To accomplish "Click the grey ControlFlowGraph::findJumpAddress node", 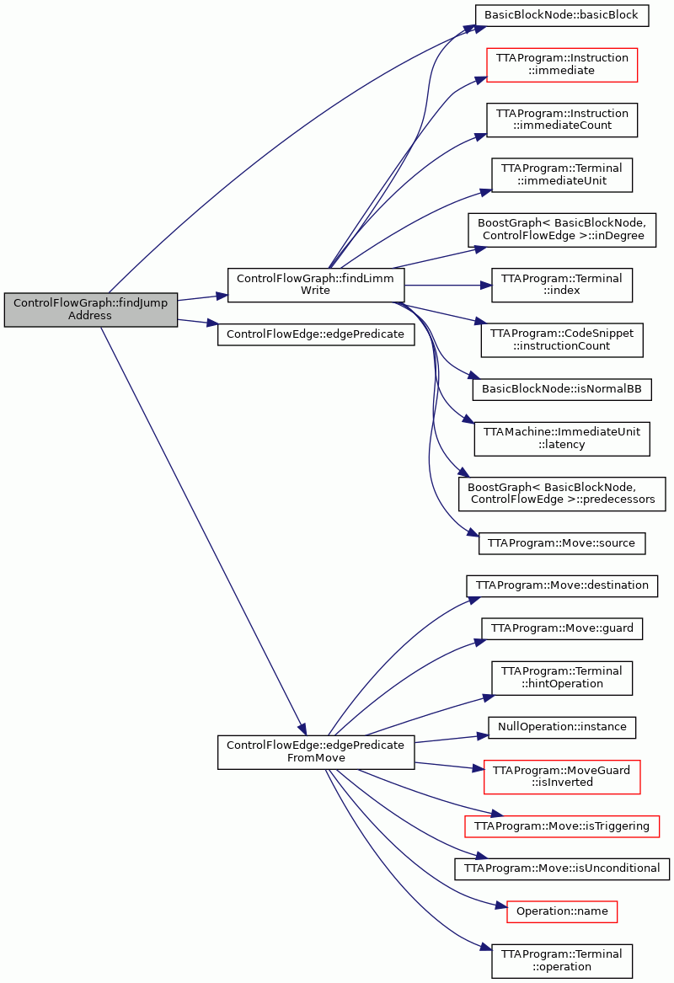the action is point(90,309).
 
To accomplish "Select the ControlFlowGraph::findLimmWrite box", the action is point(315,285).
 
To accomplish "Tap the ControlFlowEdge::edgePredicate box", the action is point(315,334).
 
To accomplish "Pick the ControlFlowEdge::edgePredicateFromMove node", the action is point(315,751).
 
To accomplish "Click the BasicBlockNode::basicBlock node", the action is point(561,15).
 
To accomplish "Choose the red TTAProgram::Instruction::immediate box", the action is point(562,65).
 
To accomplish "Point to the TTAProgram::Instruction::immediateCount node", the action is point(562,120).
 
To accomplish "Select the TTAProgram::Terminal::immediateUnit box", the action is point(562,175).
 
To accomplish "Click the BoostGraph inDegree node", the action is point(562,229).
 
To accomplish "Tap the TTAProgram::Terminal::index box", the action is point(562,285).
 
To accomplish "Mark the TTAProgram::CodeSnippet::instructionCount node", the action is point(562,339).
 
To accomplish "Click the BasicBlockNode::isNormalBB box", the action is point(562,389).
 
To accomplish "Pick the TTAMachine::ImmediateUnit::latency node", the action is point(562,439).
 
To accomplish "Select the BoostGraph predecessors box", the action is point(562,494).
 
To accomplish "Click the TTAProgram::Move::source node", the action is point(562,543).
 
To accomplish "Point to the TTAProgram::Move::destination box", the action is point(562,585).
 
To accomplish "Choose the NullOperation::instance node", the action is point(562,727).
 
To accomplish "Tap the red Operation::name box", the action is point(562,911).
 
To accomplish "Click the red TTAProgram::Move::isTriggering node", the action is point(562,826).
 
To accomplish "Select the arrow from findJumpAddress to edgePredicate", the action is point(197,323).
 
